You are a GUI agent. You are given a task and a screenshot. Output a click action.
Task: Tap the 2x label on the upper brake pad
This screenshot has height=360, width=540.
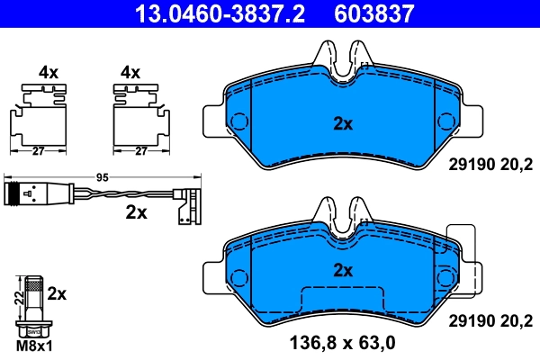point(342,124)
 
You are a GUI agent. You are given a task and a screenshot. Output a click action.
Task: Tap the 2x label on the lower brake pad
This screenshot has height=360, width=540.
point(342,269)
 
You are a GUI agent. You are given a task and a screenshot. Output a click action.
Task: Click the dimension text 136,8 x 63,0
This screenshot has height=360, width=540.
point(342,343)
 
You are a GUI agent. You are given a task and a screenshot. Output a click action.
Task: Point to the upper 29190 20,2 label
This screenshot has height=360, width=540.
point(490,163)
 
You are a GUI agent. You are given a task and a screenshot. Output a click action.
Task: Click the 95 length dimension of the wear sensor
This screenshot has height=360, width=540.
point(102,178)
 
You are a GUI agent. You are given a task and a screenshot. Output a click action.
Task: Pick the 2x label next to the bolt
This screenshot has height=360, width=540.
point(57,292)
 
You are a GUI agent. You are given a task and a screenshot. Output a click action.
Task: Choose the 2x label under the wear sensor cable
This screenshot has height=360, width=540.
point(137,212)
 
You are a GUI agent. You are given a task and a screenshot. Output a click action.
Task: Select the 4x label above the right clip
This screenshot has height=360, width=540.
point(131,72)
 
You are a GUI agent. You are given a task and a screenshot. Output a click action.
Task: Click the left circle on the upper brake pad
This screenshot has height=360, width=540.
point(239,121)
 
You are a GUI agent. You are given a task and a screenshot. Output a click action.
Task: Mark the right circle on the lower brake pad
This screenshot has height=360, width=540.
point(445,276)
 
